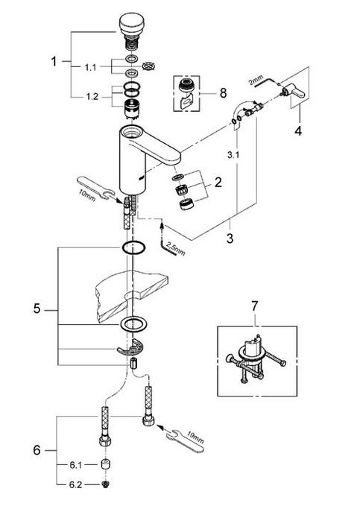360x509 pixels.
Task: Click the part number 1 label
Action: [x=54, y=61]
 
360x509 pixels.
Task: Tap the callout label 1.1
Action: [x=91, y=68]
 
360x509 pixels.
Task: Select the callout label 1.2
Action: [x=92, y=97]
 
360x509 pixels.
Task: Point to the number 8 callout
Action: [x=223, y=93]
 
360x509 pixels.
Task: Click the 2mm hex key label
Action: [x=256, y=80]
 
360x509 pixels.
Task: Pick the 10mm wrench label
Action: [x=86, y=195]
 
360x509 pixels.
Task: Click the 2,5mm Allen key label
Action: [x=176, y=247]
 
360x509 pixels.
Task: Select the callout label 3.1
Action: [x=233, y=155]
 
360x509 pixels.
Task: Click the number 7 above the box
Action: [x=254, y=306]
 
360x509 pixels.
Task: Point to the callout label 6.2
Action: [x=75, y=484]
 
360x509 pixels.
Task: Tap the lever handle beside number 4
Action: [x=293, y=91]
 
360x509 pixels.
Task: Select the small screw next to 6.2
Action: [x=105, y=484]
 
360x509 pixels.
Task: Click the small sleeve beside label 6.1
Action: [x=105, y=464]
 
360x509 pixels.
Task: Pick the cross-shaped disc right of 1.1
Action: [x=150, y=66]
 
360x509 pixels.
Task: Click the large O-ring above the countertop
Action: [x=133, y=247]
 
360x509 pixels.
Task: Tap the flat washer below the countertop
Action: [x=133, y=324]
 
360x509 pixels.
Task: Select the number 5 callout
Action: [x=37, y=309]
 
